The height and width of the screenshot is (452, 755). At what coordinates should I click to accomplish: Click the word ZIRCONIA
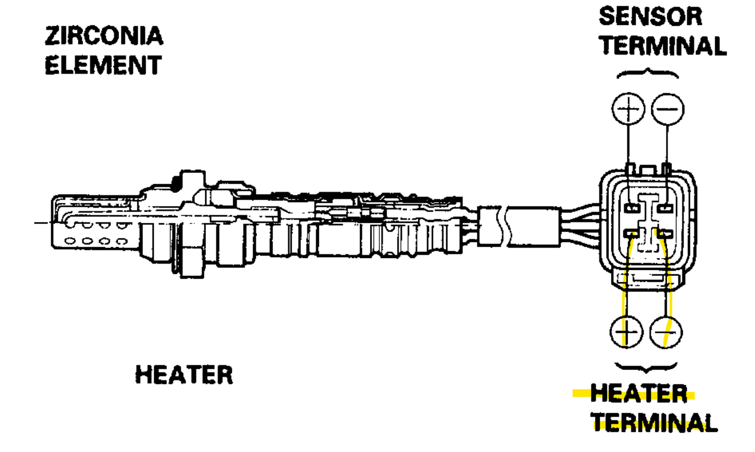tap(104, 36)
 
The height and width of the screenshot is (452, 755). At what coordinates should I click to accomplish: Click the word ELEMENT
tap(103, 66)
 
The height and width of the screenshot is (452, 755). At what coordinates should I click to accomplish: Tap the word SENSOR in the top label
tap(650, 17)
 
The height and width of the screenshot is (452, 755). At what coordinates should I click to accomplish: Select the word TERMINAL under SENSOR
tap(663, 46)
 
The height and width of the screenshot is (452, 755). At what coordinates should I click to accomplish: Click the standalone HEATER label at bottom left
tap(184, 375)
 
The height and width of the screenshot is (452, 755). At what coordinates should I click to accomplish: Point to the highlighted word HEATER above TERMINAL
tap(638, 394)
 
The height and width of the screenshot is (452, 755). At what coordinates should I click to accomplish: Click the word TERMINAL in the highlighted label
tap(654, 423)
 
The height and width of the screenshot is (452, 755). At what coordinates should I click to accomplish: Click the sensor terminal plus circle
tap(628, 109)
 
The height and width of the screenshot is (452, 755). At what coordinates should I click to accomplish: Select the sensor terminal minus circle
tap(667, 109)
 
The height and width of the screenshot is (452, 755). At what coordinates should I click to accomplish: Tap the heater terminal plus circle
tap(627, 332)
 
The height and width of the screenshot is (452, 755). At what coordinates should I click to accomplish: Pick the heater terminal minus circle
tap(666, 332)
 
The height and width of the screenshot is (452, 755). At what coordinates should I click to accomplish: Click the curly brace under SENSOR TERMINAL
tap(648, 74)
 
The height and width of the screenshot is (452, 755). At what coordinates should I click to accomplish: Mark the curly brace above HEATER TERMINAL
tap(646, 367)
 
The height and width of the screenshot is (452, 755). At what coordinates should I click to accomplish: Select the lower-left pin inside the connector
tap(631, 234)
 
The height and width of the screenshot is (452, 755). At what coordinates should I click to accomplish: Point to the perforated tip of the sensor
tap(93, 233)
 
